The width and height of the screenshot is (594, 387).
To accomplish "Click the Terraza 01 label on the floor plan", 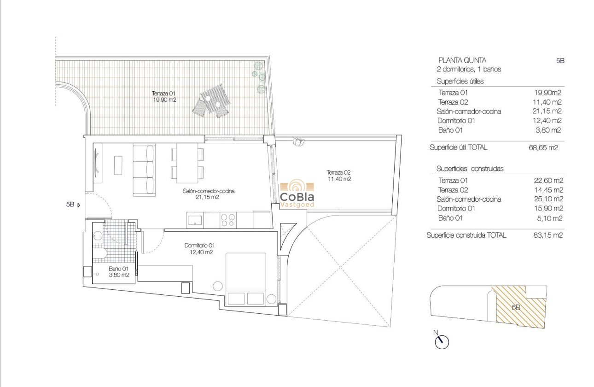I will pyautogui.click(x=164, y=96).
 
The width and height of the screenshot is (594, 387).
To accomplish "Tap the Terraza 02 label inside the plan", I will pyautogui.click(x=339, y=176).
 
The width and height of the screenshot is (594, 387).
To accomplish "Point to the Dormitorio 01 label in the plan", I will pyautogui.click(x=199, y=249).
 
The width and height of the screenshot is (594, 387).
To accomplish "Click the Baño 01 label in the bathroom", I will pyautogui.click(x=118, y=272).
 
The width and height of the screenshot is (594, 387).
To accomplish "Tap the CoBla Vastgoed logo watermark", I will pyautogui.click(x=297, y=194).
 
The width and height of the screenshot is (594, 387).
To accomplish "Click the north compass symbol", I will pyautogui.click(x=442, y=341).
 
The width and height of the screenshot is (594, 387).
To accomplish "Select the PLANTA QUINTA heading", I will pyautogui.click(x=462, y=60).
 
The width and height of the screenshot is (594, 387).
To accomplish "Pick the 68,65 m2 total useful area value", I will pyautogui.click(x=543, y=148).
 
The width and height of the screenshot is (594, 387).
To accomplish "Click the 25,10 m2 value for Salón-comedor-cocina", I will pyautogui.click(x=548, y=199).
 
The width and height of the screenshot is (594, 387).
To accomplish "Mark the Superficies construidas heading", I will pyautogui.click(x=470, y=169).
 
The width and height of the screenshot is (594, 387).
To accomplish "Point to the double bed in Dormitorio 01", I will pyautogui.click(x=246, y=278).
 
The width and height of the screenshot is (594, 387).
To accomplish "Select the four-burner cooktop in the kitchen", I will pyautogui.click(x=228, y=220).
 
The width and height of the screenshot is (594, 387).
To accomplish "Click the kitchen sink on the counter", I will pyautogui.click(x=195, y=219).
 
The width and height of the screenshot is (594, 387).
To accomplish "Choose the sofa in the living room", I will pyautogui.click(x=144, y=169).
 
